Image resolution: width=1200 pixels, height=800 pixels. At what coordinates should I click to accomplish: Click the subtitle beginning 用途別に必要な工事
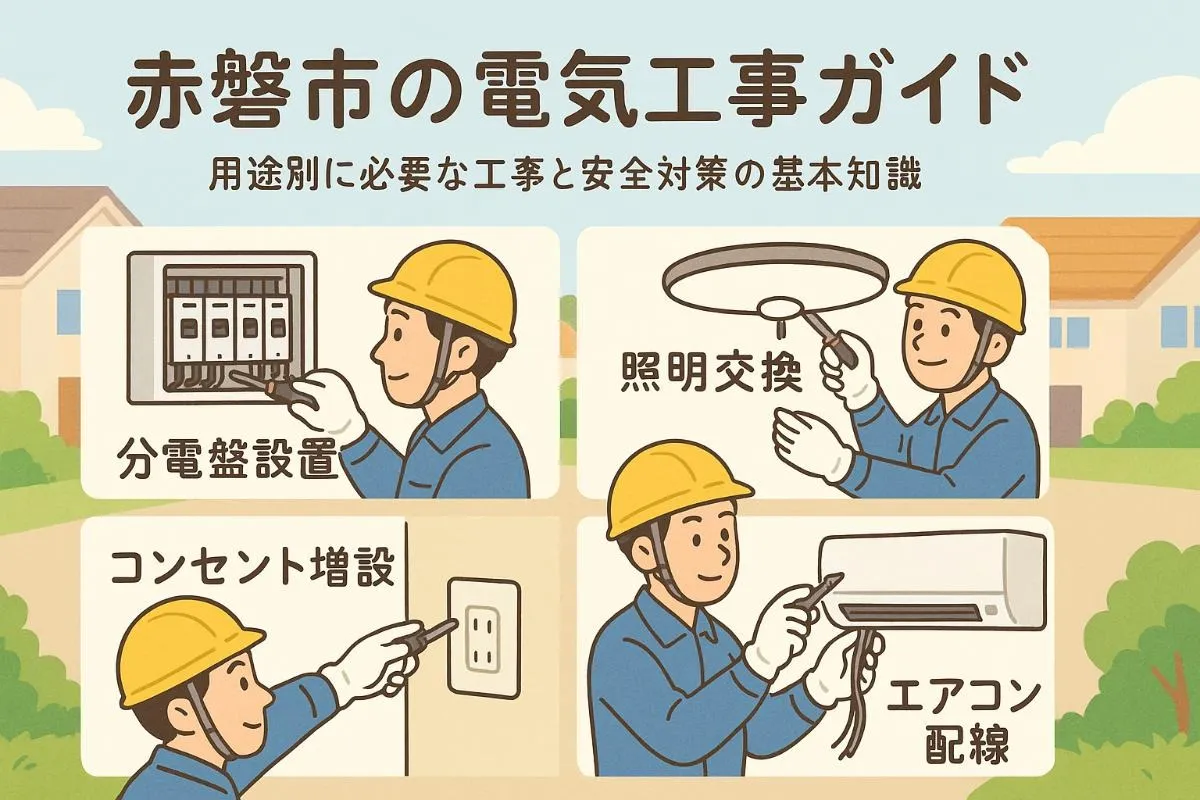pos(564,178)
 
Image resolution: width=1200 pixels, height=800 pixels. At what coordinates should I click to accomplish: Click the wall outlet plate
pos(484,636)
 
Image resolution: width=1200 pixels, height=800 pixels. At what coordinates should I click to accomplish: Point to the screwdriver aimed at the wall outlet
pos(425,636)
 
